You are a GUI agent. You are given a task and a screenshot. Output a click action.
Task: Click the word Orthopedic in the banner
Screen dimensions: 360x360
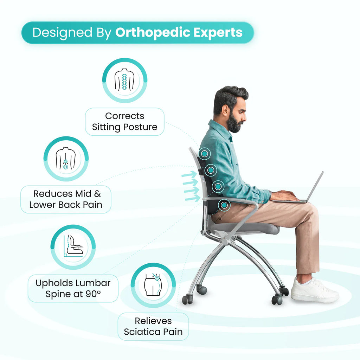click(153, 33)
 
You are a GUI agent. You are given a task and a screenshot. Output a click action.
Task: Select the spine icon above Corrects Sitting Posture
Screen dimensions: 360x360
click(124, 81)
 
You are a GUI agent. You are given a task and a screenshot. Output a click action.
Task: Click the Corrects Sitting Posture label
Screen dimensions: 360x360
click(124, 122)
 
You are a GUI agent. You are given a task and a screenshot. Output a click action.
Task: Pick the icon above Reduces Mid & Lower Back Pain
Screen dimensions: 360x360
click(66, 159)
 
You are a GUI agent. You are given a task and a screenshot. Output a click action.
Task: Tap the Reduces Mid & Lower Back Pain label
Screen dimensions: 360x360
click(66, 199)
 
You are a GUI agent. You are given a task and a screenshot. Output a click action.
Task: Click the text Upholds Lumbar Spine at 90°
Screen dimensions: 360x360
click(73, 288)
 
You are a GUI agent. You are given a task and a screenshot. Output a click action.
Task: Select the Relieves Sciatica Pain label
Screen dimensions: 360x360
click(153, 326)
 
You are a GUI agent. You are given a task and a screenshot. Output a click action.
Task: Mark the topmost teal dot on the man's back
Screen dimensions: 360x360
click(204, 153)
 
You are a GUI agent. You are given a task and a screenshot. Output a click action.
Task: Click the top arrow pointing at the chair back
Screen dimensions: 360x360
click(189, 175)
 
